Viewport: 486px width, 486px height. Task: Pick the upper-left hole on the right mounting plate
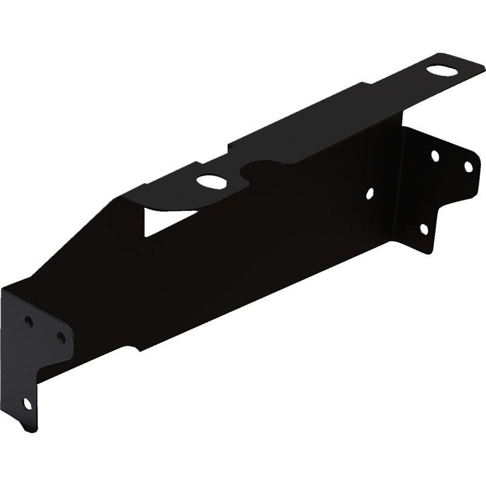[x=435, y=156]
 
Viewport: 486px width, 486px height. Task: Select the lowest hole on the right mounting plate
[x=423, y=228]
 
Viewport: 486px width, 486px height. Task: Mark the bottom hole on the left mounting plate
[x=25, y=402]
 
